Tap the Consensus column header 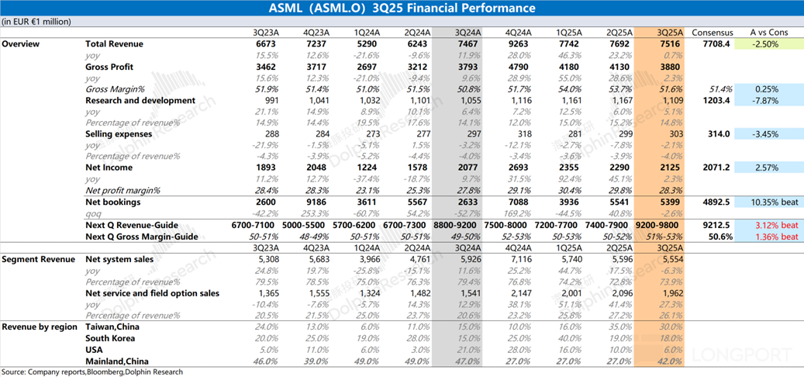(712, 33)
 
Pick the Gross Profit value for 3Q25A (671, 67)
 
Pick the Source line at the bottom (92, 372)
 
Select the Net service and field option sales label (152, 293)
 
